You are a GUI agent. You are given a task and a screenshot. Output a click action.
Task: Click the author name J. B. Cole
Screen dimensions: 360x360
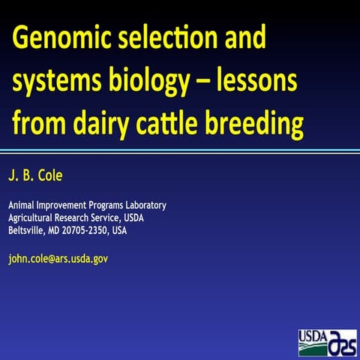pos(38,176)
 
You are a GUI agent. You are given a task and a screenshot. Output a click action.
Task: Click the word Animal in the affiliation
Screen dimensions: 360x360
pos(21,205)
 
